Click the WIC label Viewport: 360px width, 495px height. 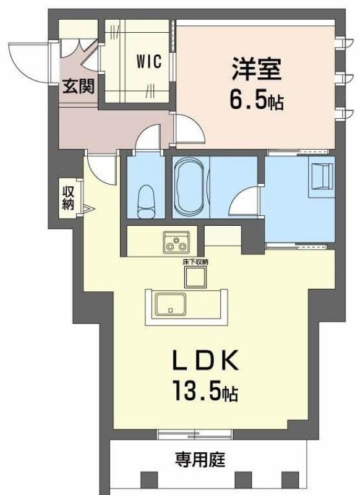click(x=149, y=61)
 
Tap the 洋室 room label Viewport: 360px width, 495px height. click(x=256, y=68)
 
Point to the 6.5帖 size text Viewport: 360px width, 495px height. click(x=256, y=99)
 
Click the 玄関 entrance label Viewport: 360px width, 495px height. click(x=78, y=86)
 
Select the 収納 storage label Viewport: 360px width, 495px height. click(x=68, y=198)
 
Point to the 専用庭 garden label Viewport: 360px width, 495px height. click(x=200, y=459)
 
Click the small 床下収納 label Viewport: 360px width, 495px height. click(x=195, y=262)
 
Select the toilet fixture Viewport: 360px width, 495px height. click(x=147, y=202)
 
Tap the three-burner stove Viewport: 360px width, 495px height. click(x=176, y=243)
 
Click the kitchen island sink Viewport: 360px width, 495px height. click(x=170, y=304)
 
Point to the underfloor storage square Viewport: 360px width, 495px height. click(x=195, y=277)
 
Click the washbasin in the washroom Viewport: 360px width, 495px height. click(x=322, y=176)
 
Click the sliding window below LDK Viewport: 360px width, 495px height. click(x=195, y=434)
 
